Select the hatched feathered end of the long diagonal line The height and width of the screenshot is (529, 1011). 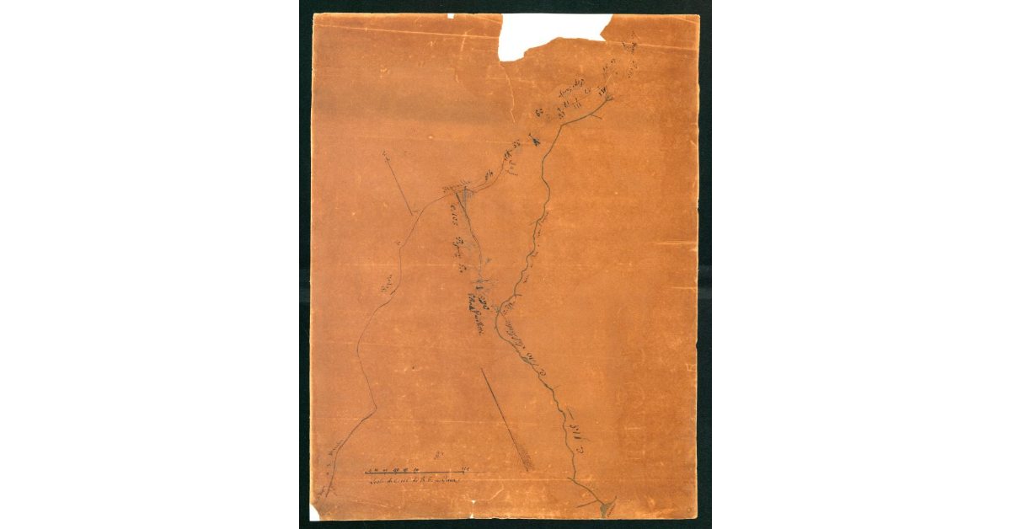[x=524, y=459]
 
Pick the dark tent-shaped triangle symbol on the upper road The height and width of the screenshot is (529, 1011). [x=533, y=142]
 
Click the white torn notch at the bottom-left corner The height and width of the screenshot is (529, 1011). [x=318, y=510]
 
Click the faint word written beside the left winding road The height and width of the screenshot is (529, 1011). [x=388, y=291]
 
